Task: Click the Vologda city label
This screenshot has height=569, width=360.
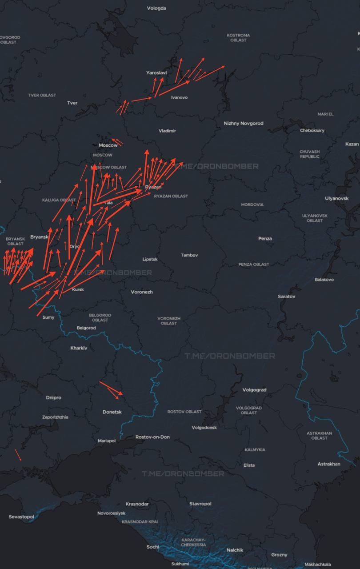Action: pos(156,8)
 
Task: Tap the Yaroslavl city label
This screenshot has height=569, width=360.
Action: pos(156,72)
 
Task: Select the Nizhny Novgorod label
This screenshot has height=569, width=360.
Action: pos(244,123)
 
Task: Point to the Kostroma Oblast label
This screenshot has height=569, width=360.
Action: pos(238,37)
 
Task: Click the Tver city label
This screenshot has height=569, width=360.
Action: pos(72,103)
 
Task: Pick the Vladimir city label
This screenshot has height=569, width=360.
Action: pos(167,131)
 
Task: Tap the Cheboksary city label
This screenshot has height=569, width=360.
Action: pos(312,130)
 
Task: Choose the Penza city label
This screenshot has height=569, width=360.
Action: pos(265,239)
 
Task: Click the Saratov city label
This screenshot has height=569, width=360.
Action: pos(286,296)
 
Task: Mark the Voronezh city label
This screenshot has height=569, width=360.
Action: pos(142,292)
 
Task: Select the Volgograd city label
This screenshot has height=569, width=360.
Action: pos(254,390)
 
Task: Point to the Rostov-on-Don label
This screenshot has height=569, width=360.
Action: pos(152,437)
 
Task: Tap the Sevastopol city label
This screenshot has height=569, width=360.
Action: pos(21,517)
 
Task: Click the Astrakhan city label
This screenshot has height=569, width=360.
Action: pos(329,464)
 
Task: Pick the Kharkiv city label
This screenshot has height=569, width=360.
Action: pos(79,348)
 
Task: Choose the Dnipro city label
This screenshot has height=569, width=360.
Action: pos(53,397)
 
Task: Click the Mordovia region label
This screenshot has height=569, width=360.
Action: pos(252,204)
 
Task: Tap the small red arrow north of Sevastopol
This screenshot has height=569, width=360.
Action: pos(18,455)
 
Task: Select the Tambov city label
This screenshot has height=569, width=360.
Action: pos(189,255)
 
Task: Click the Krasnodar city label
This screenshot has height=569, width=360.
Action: pos(137,504)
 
